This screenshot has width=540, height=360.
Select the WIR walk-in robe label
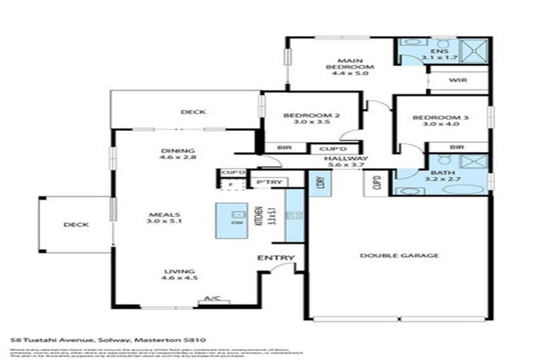[x=458, y=81]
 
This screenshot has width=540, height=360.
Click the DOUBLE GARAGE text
[x=399, y=255]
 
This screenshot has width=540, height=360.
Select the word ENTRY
[x=275, y=258]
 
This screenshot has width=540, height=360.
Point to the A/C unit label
[x=208, y=300]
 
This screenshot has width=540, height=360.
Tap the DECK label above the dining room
[x=192, y=112]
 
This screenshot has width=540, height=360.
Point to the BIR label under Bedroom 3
[x=456, y=147]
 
